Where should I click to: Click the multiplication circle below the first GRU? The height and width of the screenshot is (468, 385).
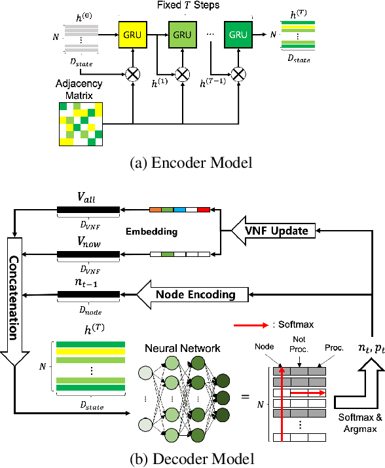[x=133, y=73]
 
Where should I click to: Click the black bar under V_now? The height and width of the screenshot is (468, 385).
[x=88, y=254]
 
